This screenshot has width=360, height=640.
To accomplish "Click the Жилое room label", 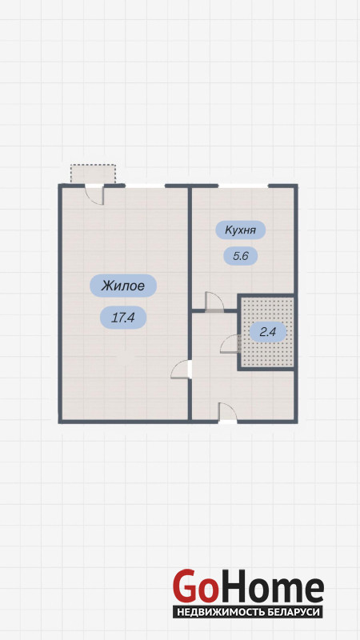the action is click(123, 286).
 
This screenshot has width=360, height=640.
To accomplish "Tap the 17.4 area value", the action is click(123, 318).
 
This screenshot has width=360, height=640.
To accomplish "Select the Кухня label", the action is click(241, 230).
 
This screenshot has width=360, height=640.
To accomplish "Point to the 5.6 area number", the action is click(241, 256).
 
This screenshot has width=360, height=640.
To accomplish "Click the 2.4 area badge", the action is click(268, 331).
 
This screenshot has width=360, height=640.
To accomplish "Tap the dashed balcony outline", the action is click(93, 174).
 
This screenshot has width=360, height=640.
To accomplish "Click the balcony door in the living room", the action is click(94, 194).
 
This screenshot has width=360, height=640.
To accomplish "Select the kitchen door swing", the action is click(214, 302).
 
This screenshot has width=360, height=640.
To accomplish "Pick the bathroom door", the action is click(230, 344).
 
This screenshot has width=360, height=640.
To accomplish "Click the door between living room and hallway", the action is click(182, 370).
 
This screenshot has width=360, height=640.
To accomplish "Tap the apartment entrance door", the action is click(228, 412).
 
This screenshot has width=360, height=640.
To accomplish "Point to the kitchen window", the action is click(243, 186).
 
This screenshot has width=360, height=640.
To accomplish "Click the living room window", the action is click(145, 186).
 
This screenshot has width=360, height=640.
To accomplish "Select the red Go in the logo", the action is click(194, 586).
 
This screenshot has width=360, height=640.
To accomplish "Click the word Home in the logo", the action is click(270, 586).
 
